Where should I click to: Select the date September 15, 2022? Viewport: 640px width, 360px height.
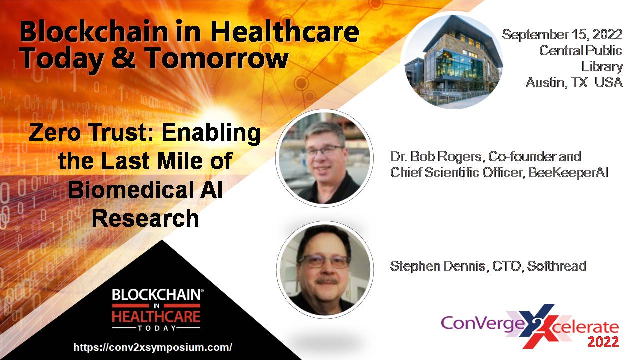click(x=562, y=35)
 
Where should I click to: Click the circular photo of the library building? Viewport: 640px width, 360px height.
click(x=453, y=61)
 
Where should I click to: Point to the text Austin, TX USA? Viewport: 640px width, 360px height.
click(x=574, y=83)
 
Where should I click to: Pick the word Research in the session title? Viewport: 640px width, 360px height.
click(x=145, y=218)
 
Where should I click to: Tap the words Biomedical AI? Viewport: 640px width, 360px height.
click(x=145, y=190)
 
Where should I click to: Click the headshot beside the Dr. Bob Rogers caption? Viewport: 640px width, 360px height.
click(x=324, y=158)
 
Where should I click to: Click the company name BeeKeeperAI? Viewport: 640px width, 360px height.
click(x=568, y=173)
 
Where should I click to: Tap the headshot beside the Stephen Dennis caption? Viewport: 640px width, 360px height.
click(x=325, y=269)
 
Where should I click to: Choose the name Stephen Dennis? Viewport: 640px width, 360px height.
click(x=437, y=266)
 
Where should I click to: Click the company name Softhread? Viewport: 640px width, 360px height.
click(x=556, y=266)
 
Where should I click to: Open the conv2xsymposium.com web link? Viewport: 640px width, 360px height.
click(x=153, y=347)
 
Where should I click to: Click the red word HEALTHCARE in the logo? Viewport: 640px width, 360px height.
click(x=156, y=316)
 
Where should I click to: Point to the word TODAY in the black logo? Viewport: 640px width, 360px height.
click(x=157, y=328)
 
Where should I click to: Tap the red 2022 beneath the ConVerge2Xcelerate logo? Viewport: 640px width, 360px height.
click(x=603, y=342)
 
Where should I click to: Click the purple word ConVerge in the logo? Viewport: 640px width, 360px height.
click(x=483, y=323)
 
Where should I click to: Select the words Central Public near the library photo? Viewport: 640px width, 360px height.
click(x=581, y=51)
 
